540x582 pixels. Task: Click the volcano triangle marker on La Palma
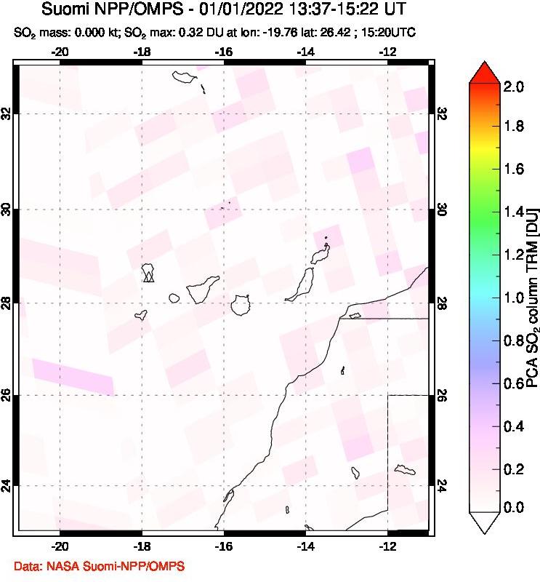pos(148,276)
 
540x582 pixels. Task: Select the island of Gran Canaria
pos(240,305)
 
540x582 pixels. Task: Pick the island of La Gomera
pos(174,298)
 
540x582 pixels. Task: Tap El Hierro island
pos(141,315)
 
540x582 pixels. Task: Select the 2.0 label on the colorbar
pos(514,87)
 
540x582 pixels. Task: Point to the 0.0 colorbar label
pos(514,507)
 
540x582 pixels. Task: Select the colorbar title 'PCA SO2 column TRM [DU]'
pos(532,297)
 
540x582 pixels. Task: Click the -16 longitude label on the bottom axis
pos(224,546)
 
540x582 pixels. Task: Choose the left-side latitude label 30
pos(7,210)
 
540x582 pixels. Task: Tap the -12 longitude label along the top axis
pos(388,52)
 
